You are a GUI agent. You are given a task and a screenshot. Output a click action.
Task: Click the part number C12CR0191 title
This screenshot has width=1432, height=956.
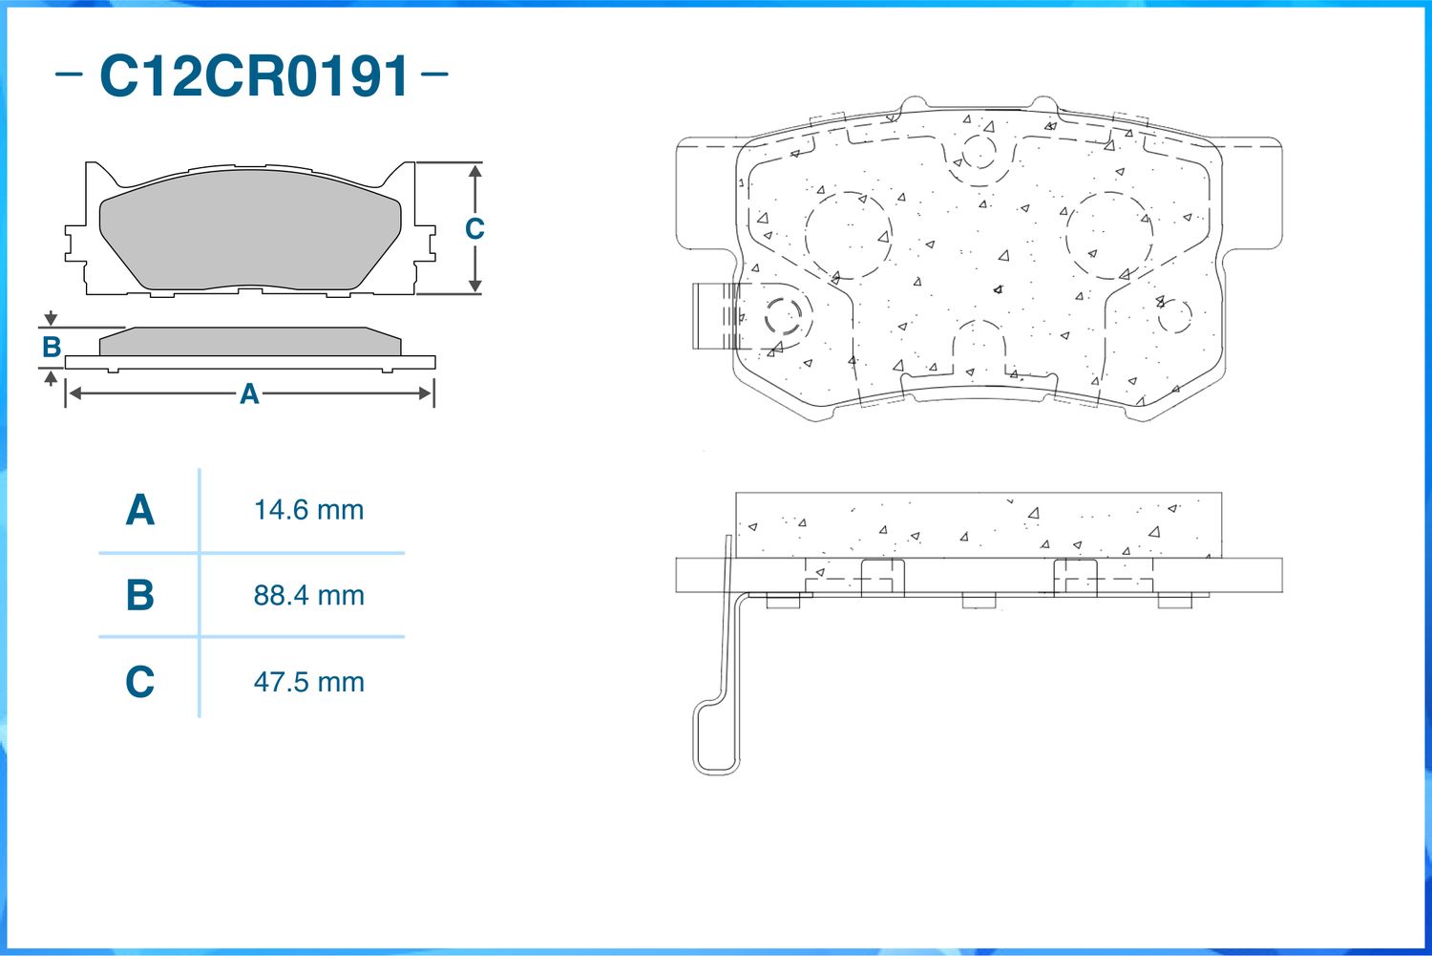point(254,76)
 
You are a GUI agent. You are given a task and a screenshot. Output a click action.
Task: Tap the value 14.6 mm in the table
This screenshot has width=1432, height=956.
point(308,510)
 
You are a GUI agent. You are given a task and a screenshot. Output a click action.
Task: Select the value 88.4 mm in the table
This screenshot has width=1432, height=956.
point(308,596)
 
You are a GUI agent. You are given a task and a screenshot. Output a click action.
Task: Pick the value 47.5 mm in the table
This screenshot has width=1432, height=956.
point(308,682)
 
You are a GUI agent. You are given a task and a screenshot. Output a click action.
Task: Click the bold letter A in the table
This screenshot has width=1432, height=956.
point(139,510)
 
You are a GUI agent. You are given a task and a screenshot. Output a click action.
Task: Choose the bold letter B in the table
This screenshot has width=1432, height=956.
point(139,596)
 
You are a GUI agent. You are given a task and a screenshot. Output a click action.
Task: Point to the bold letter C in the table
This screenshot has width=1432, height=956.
point(139,682)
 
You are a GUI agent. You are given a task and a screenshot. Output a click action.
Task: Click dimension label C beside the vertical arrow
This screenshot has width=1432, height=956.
point(474,229)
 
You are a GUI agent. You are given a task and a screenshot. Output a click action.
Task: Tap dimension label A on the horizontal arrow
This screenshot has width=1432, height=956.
point(249,393)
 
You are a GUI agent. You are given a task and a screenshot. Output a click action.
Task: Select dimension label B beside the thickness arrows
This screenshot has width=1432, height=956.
point(52,347)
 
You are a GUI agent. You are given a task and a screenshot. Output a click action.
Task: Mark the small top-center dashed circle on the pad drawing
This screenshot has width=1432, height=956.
point(978,152)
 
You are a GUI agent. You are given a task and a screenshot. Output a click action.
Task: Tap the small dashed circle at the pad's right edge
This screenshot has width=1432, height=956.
point(1174,316)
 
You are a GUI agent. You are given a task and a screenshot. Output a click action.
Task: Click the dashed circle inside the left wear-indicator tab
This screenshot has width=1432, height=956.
point(783,314)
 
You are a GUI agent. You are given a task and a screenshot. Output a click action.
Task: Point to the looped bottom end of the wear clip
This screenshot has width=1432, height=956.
point(715,745)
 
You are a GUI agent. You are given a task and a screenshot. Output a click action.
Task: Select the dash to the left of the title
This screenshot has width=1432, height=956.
point(69,74)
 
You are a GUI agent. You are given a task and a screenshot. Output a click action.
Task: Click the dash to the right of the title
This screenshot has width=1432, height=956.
point(434,74)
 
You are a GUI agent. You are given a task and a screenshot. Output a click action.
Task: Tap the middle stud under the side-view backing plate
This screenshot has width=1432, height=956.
point(979,600)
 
